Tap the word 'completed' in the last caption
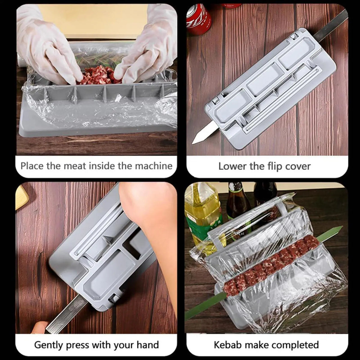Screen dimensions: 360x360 pyautogui.click(x=295, y=345)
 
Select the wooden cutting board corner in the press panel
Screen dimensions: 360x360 pyautogui.click(x=22, y=196)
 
